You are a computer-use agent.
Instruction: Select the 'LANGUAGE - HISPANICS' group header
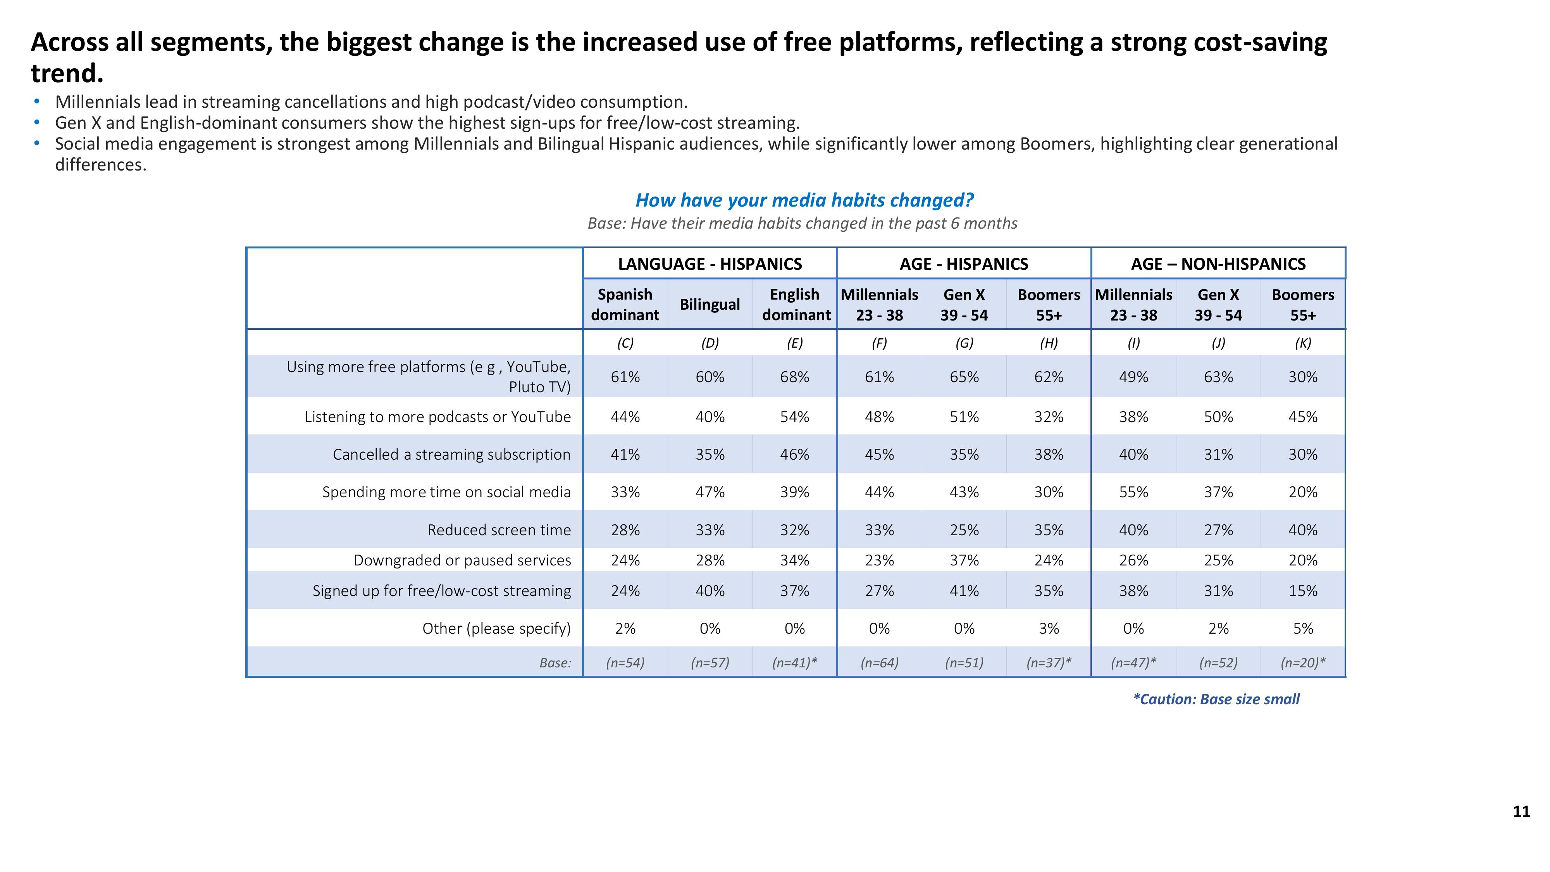coord(710,264)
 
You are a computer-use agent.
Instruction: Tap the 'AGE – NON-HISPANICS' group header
coord(1218,264)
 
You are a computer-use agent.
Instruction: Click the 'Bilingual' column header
coord(710,305)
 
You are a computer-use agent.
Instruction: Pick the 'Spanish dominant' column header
coord(625,305)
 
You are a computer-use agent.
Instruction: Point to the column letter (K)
coord(1303,343)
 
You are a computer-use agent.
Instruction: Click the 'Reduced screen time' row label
coord(499,529)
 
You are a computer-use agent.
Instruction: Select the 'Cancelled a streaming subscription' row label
coord(451,454)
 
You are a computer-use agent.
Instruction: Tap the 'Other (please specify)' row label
coord(496,628)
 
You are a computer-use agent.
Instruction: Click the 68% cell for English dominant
coord(794,377)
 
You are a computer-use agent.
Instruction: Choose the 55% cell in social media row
coord(1133,492)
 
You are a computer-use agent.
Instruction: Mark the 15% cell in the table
coord(1303,590)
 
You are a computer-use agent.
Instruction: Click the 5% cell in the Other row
coord(1303,628)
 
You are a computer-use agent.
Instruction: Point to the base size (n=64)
coord(879,663)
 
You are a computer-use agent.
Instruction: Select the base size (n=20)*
coord(1303,663)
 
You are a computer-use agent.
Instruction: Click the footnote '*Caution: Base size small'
coord(1216,699)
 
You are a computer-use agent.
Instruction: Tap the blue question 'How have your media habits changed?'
coord(804,200)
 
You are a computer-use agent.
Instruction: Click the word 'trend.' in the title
coord(67,73)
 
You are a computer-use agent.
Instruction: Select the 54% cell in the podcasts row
coord(794,417)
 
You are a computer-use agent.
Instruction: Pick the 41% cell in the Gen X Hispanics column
coord(964,590)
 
